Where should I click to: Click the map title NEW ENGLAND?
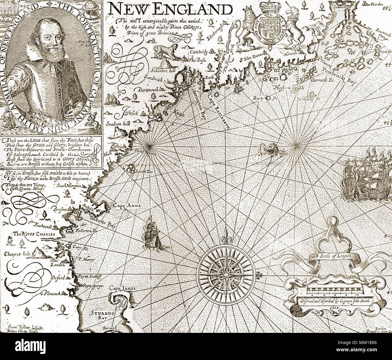coord(171,9)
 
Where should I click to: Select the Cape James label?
coord(122,288)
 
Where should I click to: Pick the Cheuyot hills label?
coord(17,254)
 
